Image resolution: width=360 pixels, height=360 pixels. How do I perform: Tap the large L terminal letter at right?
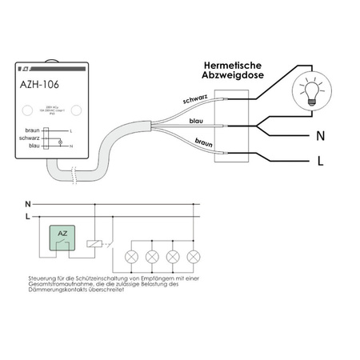tap(319, 162)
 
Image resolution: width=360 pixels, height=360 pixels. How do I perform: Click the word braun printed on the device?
tap(31, 130)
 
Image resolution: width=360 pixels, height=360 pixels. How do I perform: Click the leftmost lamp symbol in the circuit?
tap(134, 258)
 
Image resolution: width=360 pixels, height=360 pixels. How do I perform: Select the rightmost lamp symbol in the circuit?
tap(193, 258)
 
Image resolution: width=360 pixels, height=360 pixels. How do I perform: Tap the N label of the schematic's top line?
tap(28, 203)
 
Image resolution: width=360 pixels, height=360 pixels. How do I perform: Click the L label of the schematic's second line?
tap(28, 216)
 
